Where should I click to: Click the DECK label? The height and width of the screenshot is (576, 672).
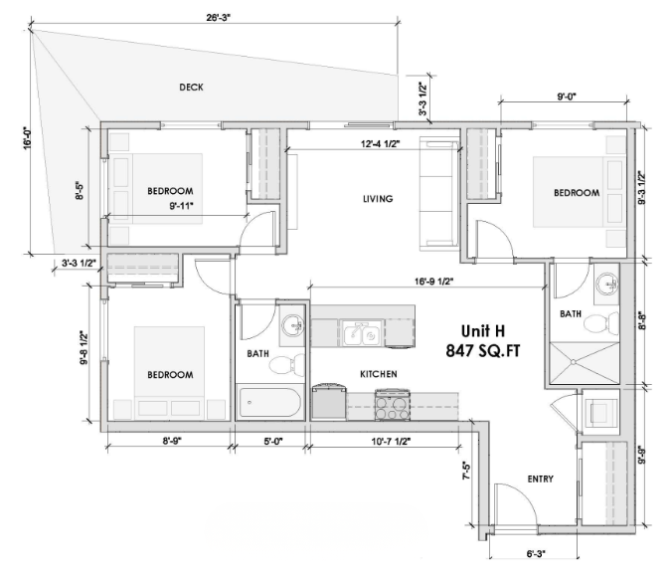192,88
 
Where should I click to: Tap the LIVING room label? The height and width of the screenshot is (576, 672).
378,199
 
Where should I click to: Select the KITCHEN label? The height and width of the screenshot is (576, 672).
379,374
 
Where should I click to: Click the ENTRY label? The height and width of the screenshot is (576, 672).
540,480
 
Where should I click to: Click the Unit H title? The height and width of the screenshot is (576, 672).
485,331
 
